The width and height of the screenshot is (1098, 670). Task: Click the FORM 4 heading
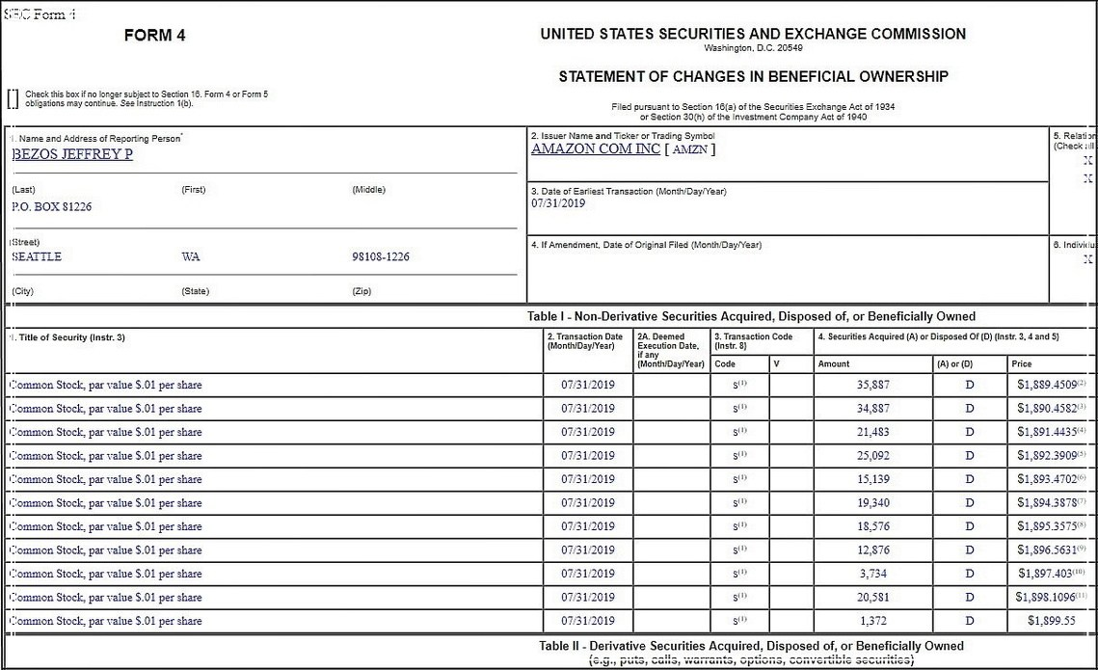click(155, 36)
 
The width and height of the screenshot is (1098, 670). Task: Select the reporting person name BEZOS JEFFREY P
click(72, 154)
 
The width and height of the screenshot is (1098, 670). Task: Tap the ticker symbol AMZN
click(689, 149)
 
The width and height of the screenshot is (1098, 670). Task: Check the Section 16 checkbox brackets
click(13, 97)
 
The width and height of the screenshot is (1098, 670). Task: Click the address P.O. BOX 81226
click(51, 206)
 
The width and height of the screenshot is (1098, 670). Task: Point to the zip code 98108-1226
click(381, 257)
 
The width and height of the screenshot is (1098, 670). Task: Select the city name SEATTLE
click(37, 257)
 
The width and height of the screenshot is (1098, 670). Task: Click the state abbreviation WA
click(191, 257)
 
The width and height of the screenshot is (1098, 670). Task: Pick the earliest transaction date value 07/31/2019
click(558, 203)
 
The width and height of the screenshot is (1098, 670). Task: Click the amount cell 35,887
click(873, 385)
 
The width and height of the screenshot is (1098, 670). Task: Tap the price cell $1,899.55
click(1051, 622)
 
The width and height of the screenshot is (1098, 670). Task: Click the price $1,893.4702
click(1047, 479)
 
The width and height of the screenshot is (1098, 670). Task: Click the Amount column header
click(834, 364)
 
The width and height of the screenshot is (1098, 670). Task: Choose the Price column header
click(1021, 364)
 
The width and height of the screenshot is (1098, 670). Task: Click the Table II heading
click(751, 646)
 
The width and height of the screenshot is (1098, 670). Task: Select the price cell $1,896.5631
click(1047, 550)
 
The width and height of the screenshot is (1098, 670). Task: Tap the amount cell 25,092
click(873, 456)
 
